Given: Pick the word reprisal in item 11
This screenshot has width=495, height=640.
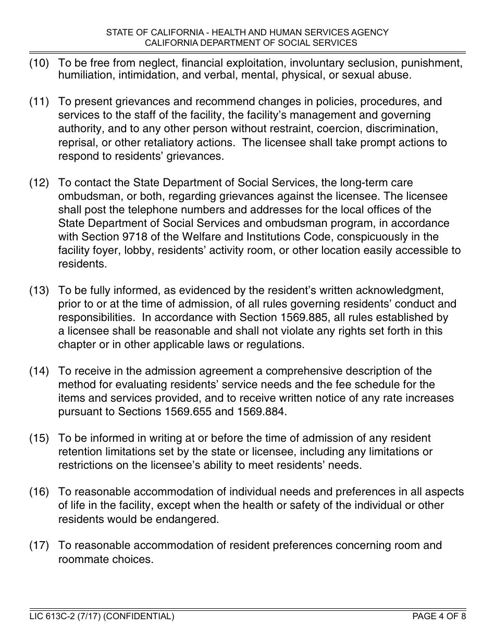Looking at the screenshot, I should [x=77, y=143].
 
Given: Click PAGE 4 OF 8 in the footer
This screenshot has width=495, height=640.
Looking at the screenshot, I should [x=439, y=617].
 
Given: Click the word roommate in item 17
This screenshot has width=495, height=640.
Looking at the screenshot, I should [x=82, y=560].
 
